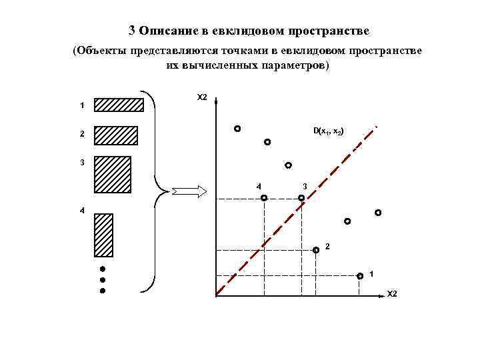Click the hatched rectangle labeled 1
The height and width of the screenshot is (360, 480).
(119, 105)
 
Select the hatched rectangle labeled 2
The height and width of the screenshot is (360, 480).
(115, 135)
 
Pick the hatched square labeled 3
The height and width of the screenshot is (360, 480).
(112, 174)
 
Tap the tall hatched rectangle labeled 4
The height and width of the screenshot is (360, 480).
(103, 235)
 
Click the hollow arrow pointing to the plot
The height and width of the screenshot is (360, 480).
(190, 192)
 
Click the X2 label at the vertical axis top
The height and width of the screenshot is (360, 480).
(202, 98)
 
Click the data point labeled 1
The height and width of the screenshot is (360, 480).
(360, 275)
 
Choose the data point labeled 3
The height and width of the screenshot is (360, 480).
(301, 198)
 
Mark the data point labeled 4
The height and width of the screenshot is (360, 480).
(264, 198)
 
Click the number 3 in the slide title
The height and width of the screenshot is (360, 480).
(132, 31)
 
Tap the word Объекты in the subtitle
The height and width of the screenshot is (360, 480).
(103, 51)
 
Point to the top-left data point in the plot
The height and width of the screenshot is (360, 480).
(237, 128)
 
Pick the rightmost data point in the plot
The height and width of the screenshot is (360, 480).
(378, 213)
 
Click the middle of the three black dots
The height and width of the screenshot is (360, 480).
(103, 280)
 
